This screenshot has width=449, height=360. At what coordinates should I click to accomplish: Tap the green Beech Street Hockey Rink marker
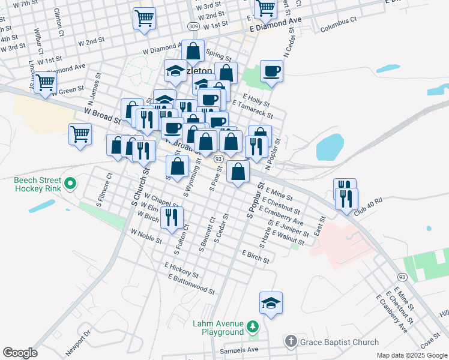pyautogui.click(x=70, y=184)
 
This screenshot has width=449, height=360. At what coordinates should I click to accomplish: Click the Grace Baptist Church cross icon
pyautogui.click(x=291, y=342)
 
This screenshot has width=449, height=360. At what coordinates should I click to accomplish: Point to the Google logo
pyautogui.click(x=20, y=353)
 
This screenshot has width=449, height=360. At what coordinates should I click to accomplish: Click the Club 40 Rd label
pyautogui.click(x=368, y=206)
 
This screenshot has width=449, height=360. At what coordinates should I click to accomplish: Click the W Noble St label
pyautogui.click(x=146, y=236)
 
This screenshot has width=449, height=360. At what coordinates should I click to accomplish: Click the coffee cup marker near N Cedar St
pyautogui.click(x=271, y=71)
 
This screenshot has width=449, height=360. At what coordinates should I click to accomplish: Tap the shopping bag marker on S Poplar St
pyautogui.click(x=238, y=172)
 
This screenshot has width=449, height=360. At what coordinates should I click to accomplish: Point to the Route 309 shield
pyautogui.click(x=193, y=26)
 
